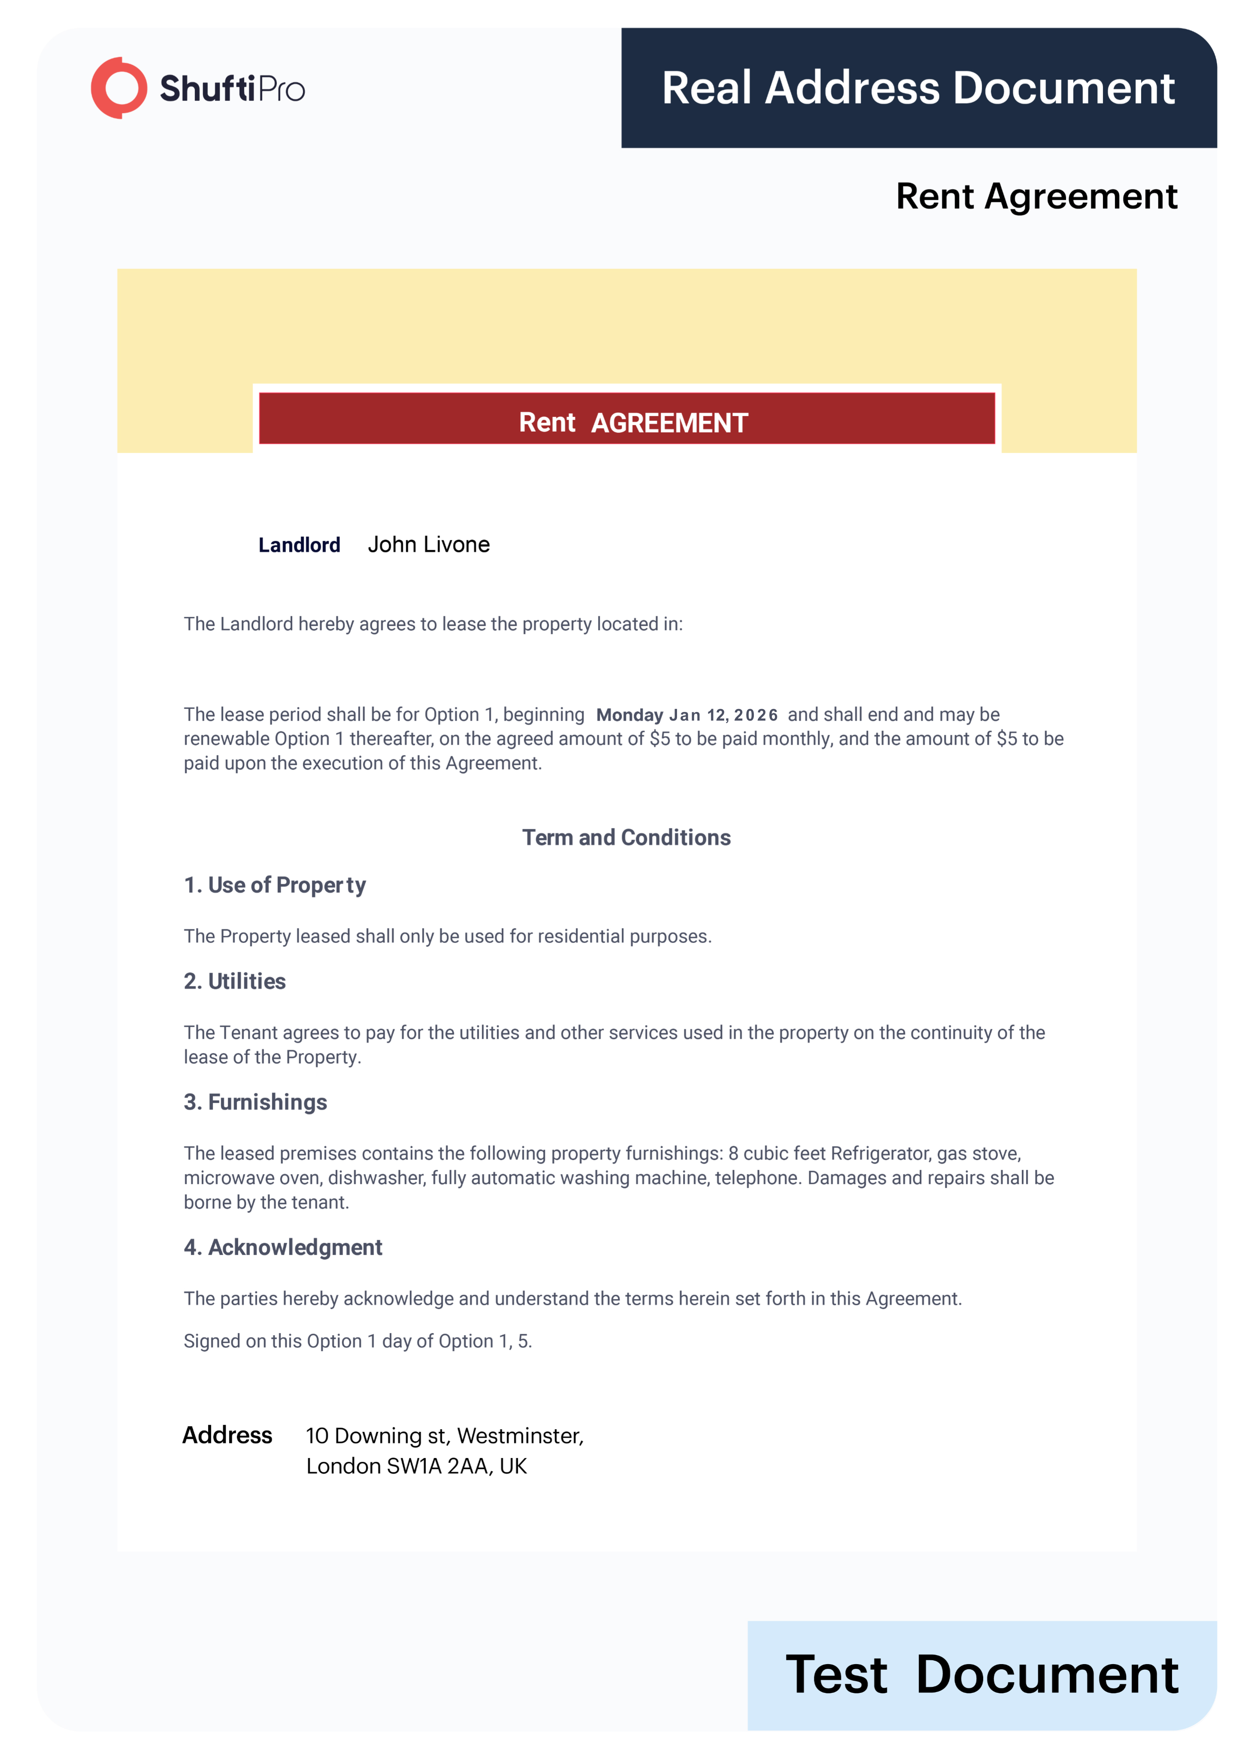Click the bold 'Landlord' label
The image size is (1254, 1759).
tap(299, 545)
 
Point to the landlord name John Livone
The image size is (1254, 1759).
tap(428, 545)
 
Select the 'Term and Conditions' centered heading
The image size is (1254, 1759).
tap(626, 837)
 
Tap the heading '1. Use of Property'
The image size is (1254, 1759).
tap(274, 885)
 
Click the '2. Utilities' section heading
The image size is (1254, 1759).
tap(235, 981)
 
